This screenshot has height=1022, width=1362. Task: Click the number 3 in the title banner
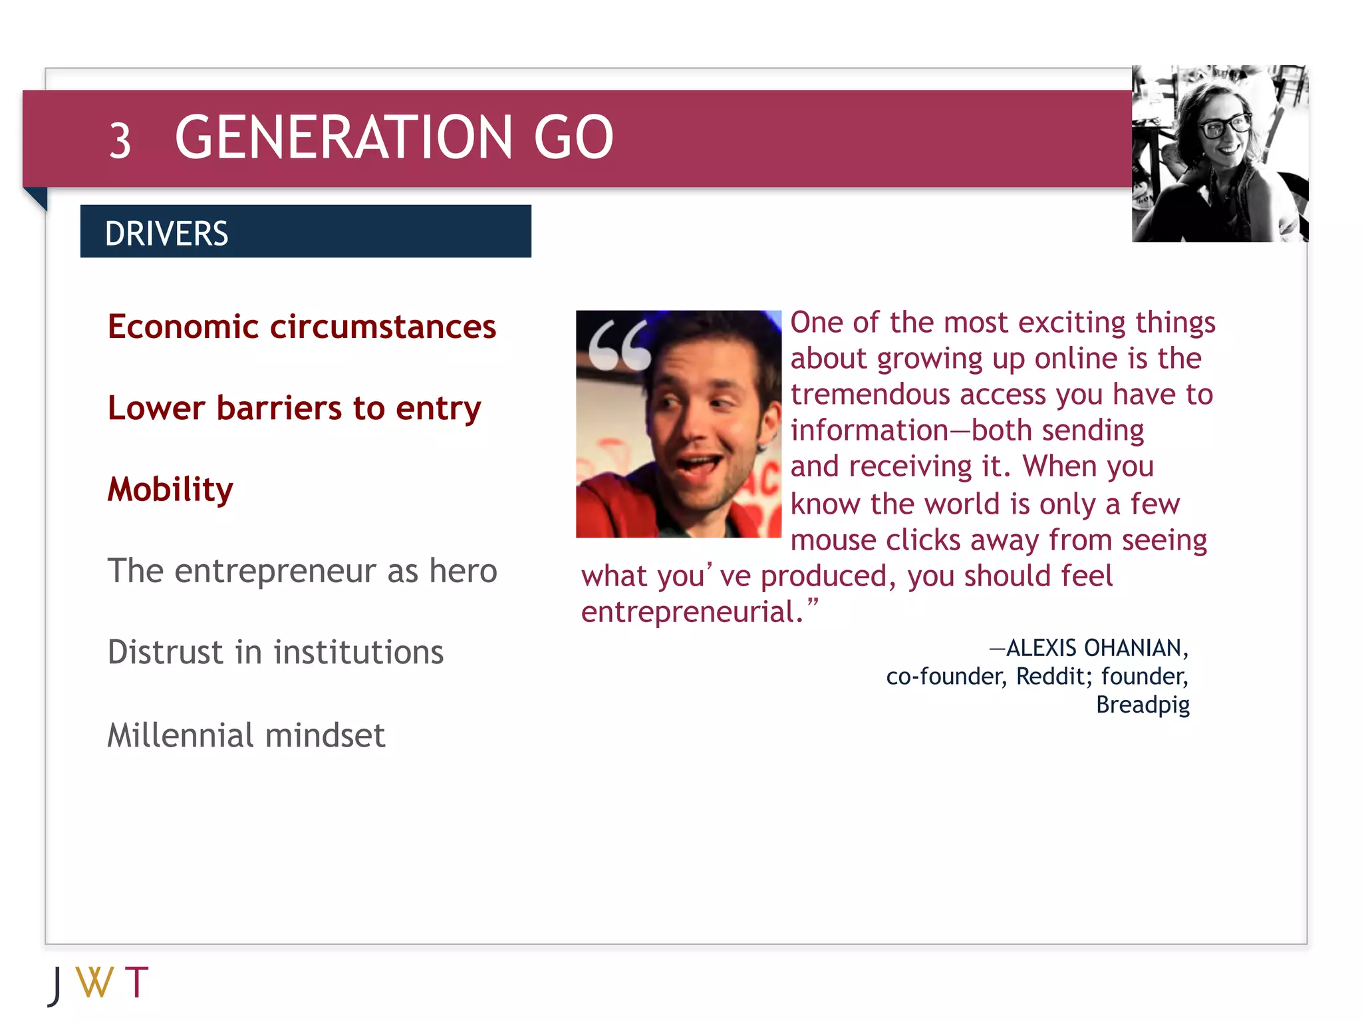coord(120,140)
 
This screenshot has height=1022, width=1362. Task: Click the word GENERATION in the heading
coord(343,138)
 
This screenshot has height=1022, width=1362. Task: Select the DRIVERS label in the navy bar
coord(166,234)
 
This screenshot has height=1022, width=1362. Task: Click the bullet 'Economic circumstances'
coord(302,327)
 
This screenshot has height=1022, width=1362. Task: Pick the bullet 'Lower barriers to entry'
coord(294,408)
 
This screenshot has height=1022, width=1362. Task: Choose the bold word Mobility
coord(170,490)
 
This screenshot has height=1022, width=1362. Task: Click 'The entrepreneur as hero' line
coord(302,571)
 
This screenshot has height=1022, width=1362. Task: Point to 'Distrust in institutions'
coord(275,652)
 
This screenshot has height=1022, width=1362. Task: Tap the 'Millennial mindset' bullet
coord(246,735)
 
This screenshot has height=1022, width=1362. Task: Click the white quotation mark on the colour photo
coord(619,345)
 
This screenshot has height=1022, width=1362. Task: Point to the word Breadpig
coord(1143,705)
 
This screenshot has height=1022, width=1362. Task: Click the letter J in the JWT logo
coord(57,985)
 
